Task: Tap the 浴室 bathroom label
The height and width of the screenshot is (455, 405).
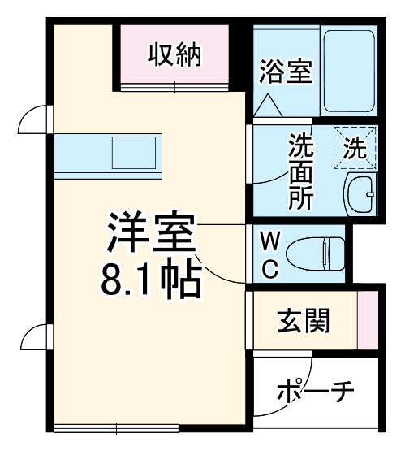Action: (x=286, y=71)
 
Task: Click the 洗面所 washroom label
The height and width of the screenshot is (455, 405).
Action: (x=300, y=172)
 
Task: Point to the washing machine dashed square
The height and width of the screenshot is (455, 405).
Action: (x=355, y=147)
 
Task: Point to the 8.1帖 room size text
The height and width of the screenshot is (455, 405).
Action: (x=150, y=281)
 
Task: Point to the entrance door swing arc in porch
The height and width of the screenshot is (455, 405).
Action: (x=268, y=390)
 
